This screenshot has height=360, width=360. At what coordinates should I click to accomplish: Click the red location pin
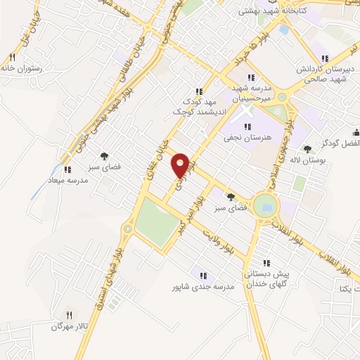(181, 165)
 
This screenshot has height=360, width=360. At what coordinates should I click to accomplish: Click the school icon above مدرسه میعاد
(67, 169)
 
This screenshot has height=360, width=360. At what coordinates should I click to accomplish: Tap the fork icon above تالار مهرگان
(68, 315)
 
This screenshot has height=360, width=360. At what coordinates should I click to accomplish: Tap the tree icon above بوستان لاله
(307, 148)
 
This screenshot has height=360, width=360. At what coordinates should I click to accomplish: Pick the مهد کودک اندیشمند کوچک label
(199, 106)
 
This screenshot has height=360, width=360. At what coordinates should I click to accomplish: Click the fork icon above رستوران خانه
(12, 57)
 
